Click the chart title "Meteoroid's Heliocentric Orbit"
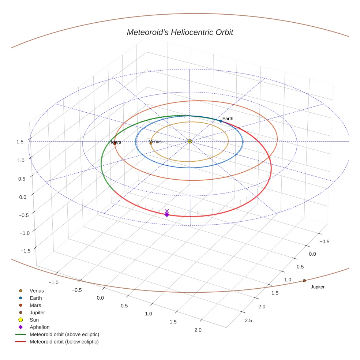pyautogui.click(x=180, y=33)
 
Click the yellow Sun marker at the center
pyautogui.click(x=190, y=141)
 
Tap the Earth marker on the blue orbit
pyautogui.click(x=221, y=121)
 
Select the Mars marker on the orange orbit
pyautogui.click(x=115, y=143)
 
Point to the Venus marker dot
pyautogui.click(x=151, y=143)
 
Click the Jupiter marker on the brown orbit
pyautogui.click(x=304, y=281)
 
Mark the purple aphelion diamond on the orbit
pyautogui.click(x=167, y=214)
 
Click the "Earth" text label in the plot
pyautogui.click(x=228, y=119)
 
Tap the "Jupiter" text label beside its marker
pyautogui.click(x=318, y=287)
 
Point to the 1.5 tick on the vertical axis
pyautogui.click(x=20, y=142)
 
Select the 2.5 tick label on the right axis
pyautogui.click(x=248, y=320)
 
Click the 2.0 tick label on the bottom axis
pyautogui.click(x=198, y=330)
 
